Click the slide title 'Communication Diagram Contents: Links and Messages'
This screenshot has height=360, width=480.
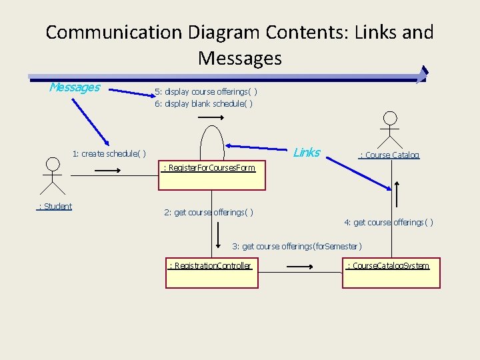pos(240,45)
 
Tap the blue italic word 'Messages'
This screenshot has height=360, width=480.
pos(75,87)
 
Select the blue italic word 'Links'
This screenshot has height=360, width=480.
pos(307,152)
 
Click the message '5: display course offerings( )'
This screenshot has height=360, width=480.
pos(206,91)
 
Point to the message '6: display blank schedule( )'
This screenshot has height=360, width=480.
pos(203,103)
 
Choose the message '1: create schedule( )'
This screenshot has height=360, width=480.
pos(109,153)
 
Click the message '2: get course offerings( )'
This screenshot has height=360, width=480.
pos(209,213)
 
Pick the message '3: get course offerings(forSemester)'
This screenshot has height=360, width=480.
pos(297,246)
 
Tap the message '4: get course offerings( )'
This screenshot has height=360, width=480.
pos(389,222)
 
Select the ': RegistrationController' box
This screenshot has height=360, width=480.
pos(211,273)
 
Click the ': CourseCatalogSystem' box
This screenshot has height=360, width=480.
pos(391,273)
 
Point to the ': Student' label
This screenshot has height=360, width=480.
pos(55,206)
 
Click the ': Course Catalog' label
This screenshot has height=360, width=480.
pos(389,155)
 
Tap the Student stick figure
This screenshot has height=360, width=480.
pos(51,175)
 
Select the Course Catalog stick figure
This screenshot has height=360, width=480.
pos(390,129)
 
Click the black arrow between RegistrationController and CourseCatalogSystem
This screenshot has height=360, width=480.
pos(295,267)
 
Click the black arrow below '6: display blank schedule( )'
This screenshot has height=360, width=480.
pos(211,117)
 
